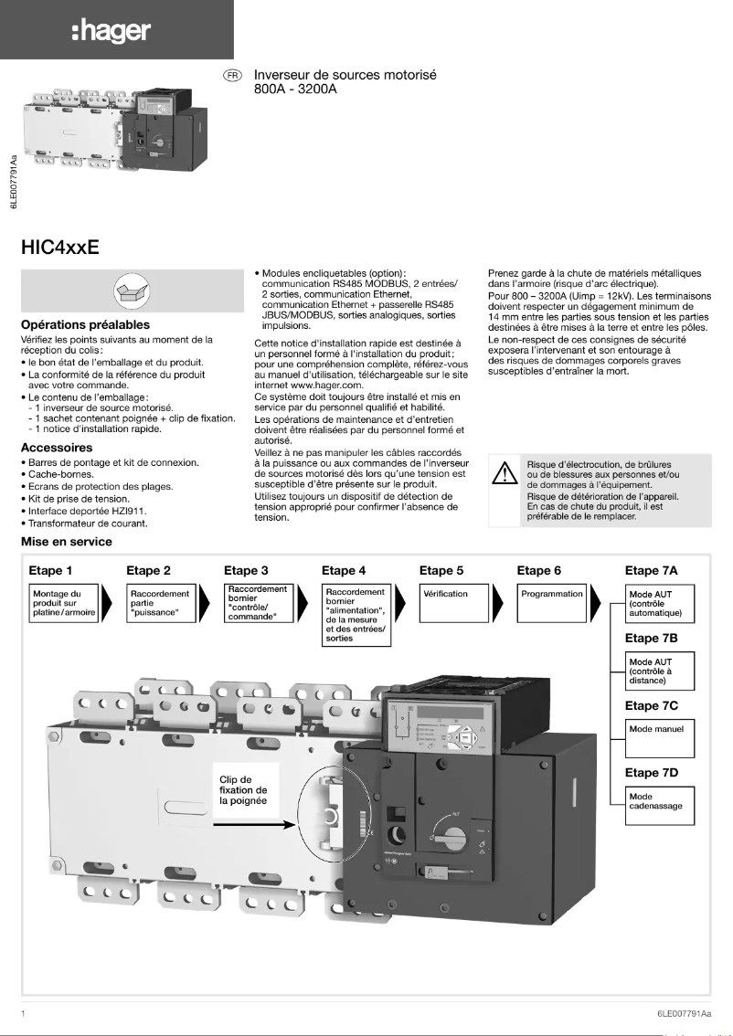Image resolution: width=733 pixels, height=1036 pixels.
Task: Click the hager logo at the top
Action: tap(111, 31)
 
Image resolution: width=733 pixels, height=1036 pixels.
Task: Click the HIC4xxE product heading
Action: tap(59, 247)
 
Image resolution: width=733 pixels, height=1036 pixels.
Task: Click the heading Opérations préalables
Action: tap(85, 324)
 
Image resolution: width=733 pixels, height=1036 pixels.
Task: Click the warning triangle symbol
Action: tap(505, 473)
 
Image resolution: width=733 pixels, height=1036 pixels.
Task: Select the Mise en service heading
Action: tap(67, 542)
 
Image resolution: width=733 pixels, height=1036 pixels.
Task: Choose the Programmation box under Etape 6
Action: tap(551, 604)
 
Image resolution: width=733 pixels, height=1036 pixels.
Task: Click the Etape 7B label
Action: tap(651, 638)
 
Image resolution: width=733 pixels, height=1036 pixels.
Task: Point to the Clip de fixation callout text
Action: tap(243, 789)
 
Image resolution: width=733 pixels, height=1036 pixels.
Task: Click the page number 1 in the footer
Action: tap(23, 1013)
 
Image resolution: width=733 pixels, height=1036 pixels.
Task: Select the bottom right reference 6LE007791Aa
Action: tap(683, 1013)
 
